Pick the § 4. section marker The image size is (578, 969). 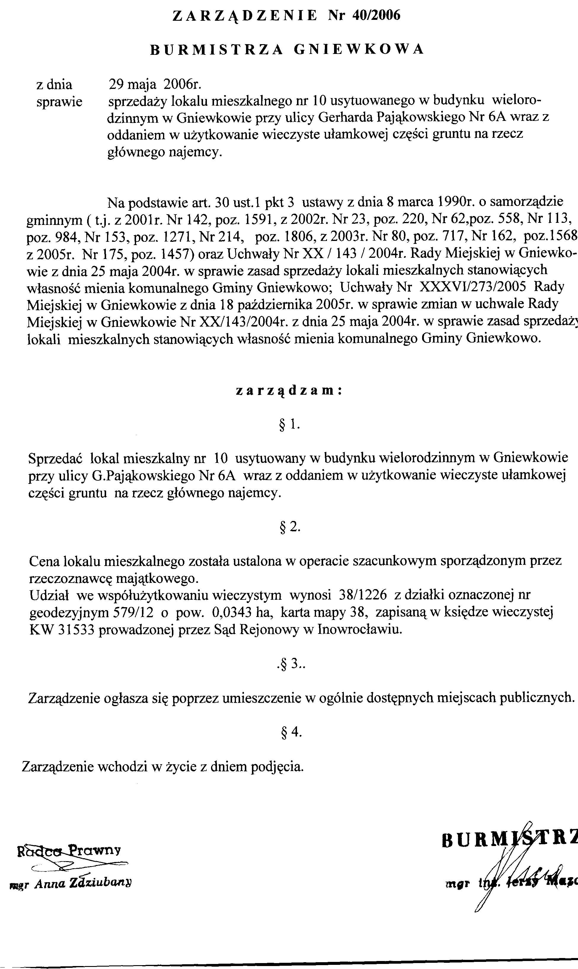coord(290,733)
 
